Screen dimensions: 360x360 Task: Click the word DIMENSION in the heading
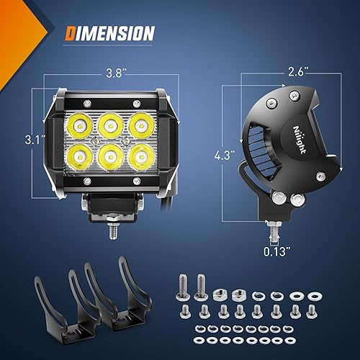110,33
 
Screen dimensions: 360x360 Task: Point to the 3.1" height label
28,137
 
